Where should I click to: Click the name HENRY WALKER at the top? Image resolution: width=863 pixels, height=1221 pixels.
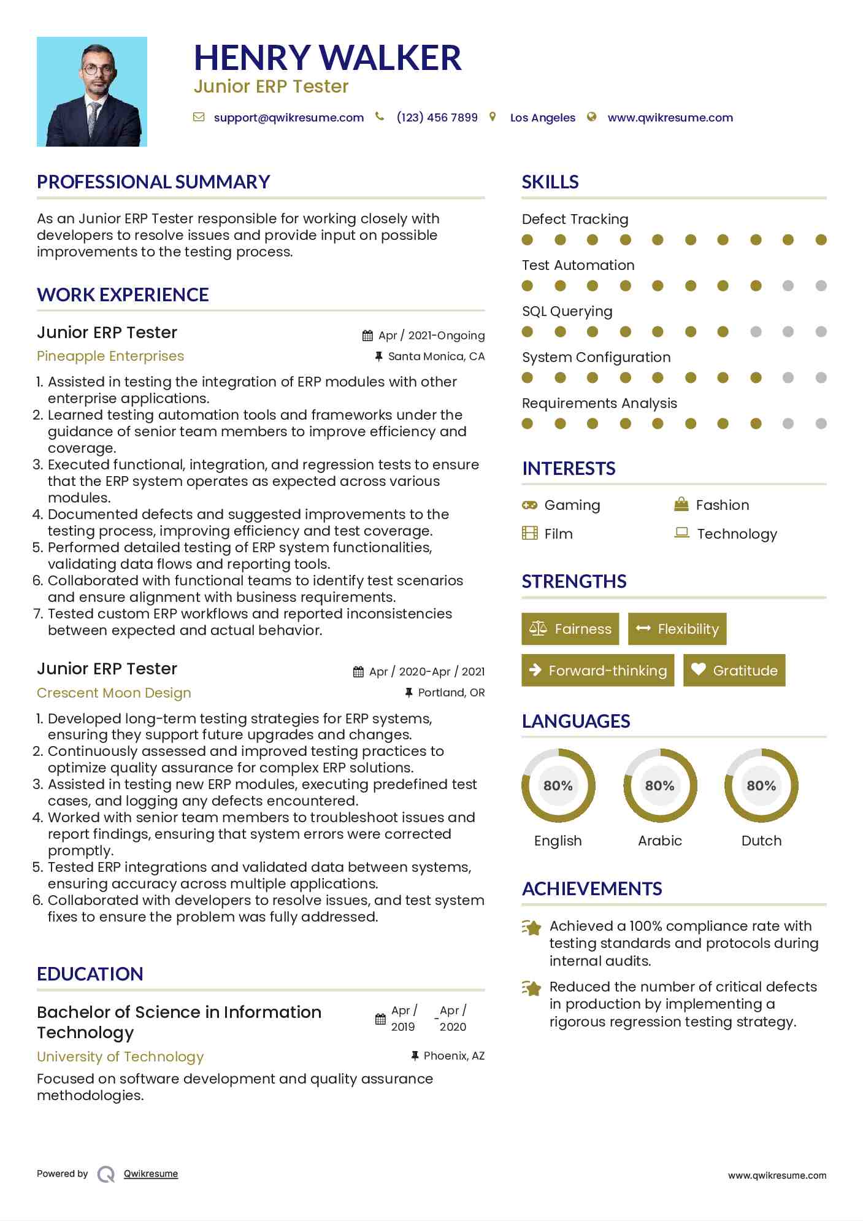click(327, 58)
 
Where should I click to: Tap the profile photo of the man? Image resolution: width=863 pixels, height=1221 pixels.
click(92, 92)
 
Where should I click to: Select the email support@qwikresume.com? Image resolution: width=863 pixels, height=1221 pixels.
click(288, 118)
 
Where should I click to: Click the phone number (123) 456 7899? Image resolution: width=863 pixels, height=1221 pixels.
click(437, 118)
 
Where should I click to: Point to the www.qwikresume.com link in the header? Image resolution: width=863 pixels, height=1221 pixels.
click(670, 118)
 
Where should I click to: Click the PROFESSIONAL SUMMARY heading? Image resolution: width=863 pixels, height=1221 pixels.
click(153, 182)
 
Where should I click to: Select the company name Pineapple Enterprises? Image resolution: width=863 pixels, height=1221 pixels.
click(110, 356)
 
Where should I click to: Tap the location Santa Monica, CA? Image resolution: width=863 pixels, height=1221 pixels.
click(436, 356)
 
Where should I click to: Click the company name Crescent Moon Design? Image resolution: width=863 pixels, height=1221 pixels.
click(114, 693)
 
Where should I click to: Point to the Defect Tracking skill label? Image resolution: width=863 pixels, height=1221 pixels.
click(575, 220)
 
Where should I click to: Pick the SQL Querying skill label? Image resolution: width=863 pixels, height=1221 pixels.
click(567, 312)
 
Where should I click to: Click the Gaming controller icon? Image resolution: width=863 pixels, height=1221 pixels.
click(529, 505)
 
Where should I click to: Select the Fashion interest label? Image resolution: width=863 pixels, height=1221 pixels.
click(722, 505)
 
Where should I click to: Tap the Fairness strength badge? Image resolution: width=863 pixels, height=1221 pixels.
click(570, 629)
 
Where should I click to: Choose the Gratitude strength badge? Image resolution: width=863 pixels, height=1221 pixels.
click(734, 671)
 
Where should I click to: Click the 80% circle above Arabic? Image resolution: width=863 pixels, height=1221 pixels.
click(660, 785)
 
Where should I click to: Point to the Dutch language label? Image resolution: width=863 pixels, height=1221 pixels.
click(761, 841)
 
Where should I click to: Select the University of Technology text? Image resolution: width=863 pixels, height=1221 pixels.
click(120, 1057)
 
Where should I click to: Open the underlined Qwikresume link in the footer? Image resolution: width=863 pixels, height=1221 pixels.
click(151, 1174)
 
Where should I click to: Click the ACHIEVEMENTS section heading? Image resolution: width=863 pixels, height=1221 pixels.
click(592, 889)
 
